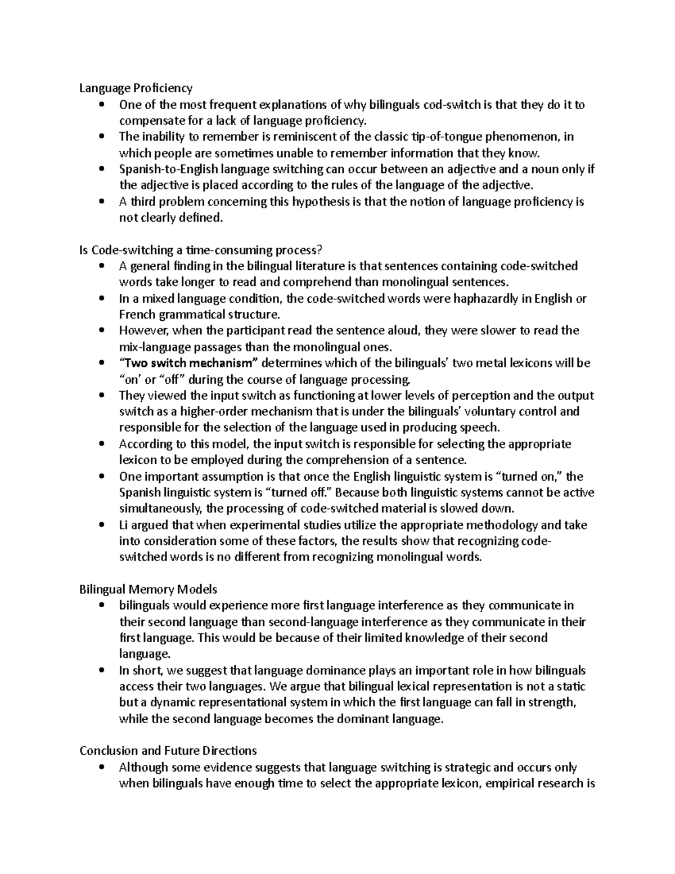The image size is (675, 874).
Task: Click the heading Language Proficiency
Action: (136, 88)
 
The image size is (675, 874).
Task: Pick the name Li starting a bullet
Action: (124, 525)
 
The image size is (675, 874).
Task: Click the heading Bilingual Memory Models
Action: (148, 589)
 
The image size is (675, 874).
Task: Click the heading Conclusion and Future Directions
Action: (168, 751)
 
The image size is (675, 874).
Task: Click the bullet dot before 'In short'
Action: (101, 670)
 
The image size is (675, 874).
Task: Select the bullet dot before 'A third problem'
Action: (101, 201)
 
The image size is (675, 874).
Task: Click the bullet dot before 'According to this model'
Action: (101, 444)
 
